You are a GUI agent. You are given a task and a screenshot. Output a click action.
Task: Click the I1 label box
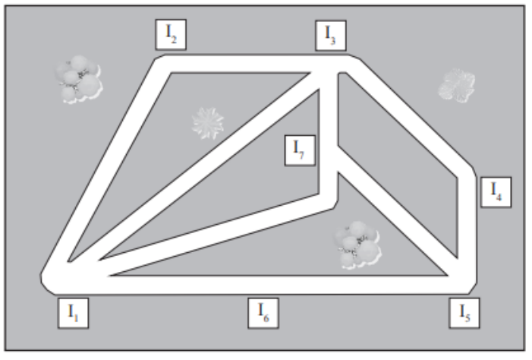(x=74, y=313)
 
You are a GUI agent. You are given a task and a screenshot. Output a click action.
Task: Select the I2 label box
(x=171, y=35)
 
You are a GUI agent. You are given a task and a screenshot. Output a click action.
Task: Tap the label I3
(x=331, y=36)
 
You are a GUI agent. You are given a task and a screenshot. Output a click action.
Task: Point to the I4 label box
(x=496, y=192)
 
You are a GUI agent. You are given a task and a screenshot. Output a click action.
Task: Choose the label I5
(x=464, y=313)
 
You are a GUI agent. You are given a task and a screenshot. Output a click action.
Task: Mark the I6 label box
(x=263, y=313)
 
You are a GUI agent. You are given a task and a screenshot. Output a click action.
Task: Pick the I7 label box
(x=300, y=150)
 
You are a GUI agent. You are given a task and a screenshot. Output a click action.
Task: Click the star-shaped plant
(x=208, y=123)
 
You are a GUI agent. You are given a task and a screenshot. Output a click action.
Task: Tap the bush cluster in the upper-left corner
(x=79, y=79)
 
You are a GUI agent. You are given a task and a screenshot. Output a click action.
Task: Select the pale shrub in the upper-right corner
(x=456, y=85)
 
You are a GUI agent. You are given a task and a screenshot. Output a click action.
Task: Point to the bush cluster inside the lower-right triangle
(x=357, y=245)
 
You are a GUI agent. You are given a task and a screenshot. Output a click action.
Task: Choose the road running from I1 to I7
(x=217, y=235)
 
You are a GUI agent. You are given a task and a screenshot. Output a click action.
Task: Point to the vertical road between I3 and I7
(x=328, y=132)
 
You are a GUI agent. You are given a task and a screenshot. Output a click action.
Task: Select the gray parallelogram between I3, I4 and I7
(x=398, y=166)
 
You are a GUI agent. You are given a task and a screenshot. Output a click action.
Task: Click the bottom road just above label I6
(x=263, y=285)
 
